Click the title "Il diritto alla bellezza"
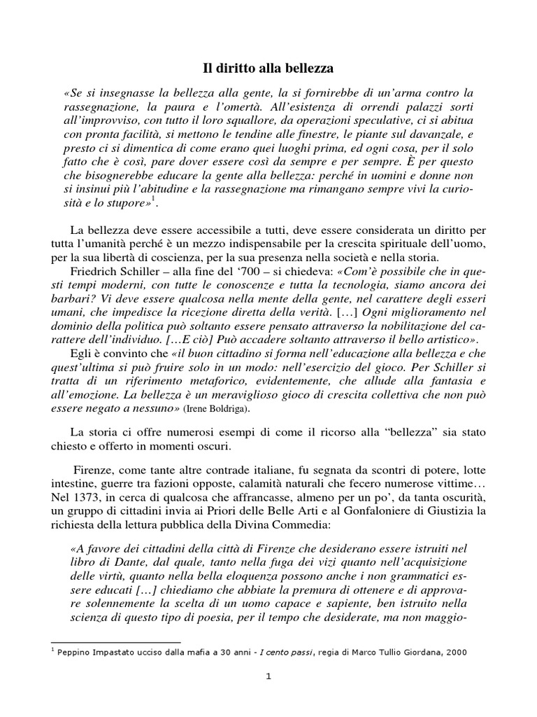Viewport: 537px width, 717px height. click(268, 69)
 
